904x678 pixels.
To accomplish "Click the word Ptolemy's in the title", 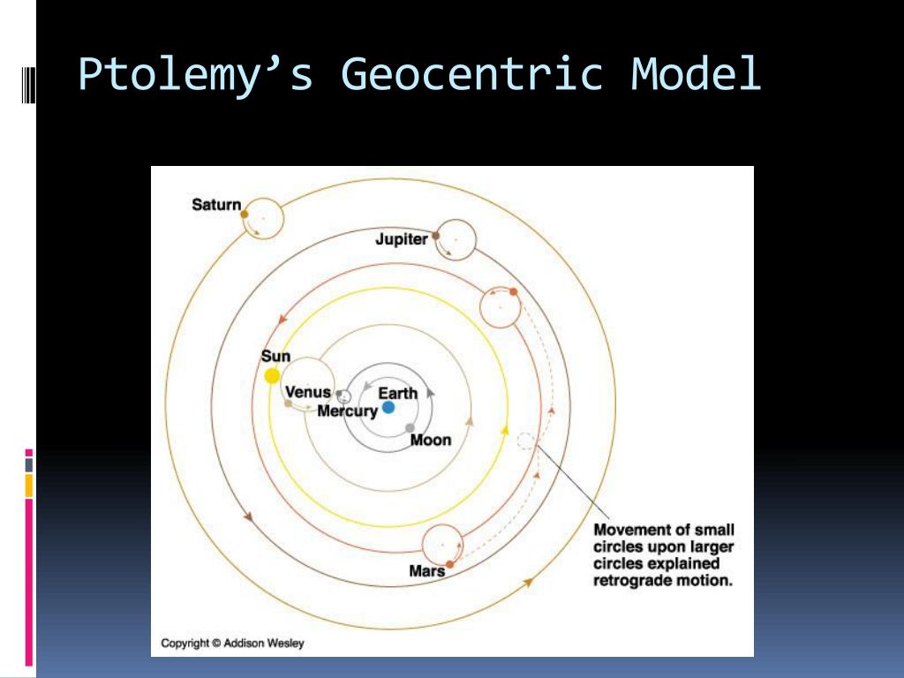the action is click(195, 74).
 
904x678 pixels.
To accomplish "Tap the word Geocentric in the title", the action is click(472, 73).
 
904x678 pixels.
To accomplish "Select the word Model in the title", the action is click(696, 73).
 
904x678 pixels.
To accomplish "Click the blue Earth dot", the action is click(388, 408).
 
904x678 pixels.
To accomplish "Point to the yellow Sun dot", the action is click(272, 376).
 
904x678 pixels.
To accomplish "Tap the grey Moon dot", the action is click(410, 428).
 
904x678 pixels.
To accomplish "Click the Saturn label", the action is click(216, 205).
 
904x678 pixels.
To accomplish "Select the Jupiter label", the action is click(402, 238).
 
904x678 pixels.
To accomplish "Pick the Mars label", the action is click(426, 571).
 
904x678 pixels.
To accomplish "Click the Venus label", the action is click(308, 392).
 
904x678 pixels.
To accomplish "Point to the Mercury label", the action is click(347, 411).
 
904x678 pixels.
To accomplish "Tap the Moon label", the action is click(431, 440).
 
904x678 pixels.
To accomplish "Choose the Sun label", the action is click(275, 357).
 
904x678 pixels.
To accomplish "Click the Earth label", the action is click(398, 393).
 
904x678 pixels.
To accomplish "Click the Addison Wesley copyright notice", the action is click(232, 644).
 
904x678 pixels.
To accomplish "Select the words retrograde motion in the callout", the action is click(663, 580).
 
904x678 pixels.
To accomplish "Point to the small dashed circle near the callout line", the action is click(525, 441).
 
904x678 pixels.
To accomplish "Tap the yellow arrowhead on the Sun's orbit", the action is click(505, 430).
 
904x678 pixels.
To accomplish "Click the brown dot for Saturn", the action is click(245, 214).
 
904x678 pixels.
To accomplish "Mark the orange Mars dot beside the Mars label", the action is click(449, 564).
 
